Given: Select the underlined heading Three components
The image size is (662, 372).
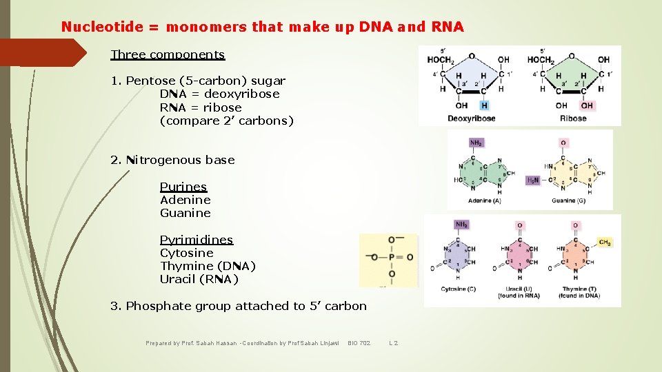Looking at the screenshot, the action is [x=168, y=54].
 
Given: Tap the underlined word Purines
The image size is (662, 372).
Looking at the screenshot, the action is [x=183, y=187].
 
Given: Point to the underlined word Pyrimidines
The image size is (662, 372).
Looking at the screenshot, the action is [x=197, y=240].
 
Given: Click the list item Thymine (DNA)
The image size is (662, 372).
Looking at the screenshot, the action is [x=208, y=266].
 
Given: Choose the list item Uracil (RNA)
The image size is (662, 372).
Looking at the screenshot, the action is [x=199, y=279].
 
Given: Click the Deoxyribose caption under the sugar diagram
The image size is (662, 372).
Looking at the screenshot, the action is [x=471, y=118].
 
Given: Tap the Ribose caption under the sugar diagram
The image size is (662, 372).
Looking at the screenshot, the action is [x=573, y=118].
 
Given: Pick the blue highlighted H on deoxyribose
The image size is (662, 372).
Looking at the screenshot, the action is [x=484, y=106].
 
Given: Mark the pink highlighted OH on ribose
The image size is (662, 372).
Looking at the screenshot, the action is [x=587, y=106].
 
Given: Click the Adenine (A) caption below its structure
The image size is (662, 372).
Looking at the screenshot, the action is [x=484, y=201].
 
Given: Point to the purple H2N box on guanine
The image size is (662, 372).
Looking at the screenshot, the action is [x=533, y=180].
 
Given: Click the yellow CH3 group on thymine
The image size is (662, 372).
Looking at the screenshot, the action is [x=605, y=242].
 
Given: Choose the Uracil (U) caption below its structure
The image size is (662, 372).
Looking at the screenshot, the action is [x=518, y=289].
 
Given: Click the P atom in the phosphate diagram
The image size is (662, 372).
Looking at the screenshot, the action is [x=391, y=257].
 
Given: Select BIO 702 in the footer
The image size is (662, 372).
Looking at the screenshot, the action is [x=359, y=342].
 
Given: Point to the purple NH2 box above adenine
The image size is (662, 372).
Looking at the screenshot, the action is [x=477, y=143].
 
